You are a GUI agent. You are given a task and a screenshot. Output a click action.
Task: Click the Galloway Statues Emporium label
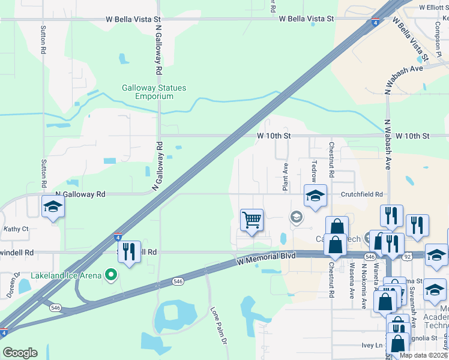(x=154, y=92)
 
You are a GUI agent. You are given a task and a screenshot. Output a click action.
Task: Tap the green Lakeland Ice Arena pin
(x=110, y=275)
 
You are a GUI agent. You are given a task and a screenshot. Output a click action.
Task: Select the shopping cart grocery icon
(x=252, y=220)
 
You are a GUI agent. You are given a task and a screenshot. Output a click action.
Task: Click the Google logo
(x=20, y=353)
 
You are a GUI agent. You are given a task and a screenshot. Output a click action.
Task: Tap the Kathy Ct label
(x=16, y=229)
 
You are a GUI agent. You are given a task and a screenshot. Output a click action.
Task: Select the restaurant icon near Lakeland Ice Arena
(x=128, y=252)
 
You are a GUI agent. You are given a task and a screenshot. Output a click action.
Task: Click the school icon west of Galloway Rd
(x=53, y=207)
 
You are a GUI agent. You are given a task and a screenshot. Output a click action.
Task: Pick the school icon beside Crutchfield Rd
(x=315, y=196)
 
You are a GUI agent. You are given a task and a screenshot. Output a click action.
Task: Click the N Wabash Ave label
(x=388, y=144)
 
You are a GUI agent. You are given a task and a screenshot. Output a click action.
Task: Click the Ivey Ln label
(x=372, y=345)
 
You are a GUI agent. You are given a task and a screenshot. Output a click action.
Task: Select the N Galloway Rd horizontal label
(x=80, y=194)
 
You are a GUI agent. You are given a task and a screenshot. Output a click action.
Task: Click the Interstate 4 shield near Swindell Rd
(x=118, y=236)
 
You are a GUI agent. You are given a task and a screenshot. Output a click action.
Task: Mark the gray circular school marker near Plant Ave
(x=296, y=217)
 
